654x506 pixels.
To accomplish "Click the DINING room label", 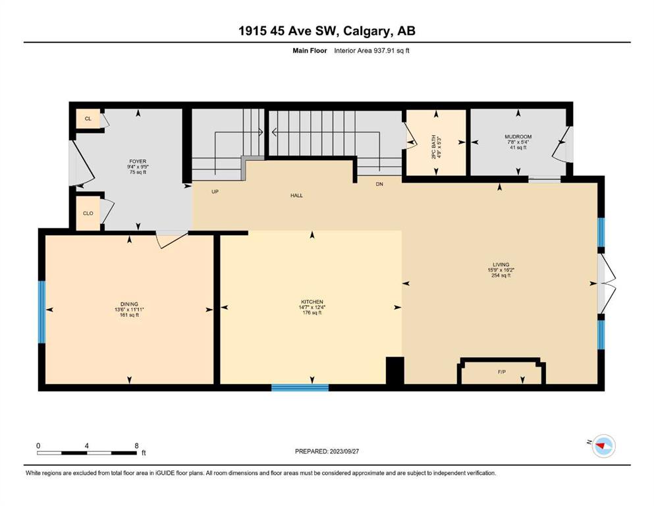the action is coord(129,304).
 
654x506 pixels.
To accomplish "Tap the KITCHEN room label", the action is coord(312,302).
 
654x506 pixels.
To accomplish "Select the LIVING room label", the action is coord(501,264).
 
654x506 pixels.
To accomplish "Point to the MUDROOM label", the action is coord(518,137).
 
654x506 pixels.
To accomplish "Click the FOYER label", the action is coord(138,161).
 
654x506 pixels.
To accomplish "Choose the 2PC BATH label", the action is coord(434,147).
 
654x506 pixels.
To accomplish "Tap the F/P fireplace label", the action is coord(502,372).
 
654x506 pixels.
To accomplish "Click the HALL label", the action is coord(296,195).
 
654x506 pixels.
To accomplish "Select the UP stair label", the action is coord(215,192).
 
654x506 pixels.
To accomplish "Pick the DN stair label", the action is coord(379,184).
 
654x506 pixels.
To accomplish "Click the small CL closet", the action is coord(88,119).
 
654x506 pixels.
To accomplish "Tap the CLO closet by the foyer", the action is coord(88,213).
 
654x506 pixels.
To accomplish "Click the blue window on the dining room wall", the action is coord(41,312).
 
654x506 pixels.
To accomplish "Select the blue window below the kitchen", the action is coord(300,387).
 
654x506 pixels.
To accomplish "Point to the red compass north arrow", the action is coord(601,446).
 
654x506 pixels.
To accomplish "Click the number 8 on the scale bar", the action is coord(136,445).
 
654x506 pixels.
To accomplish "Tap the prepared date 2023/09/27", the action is coord(344,451).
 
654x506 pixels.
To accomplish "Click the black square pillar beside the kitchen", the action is coord(395,370).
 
